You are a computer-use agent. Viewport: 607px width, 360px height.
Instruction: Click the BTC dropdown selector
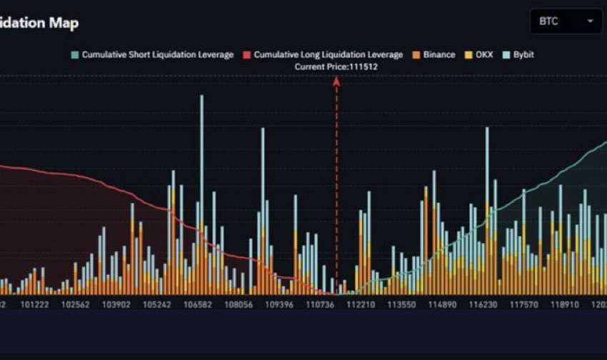click(566, 21)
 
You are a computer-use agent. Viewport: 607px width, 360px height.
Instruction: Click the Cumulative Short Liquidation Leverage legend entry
click(152, 55)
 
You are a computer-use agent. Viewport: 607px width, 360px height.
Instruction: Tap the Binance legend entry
click(433, 55)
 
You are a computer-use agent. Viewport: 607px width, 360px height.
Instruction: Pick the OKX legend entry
click(478, 55)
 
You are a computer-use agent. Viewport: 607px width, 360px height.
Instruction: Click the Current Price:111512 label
click(336, 66)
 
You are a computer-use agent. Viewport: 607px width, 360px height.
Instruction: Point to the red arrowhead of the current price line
click(336, 81)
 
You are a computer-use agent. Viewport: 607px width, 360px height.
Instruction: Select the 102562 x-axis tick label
click(75, 304)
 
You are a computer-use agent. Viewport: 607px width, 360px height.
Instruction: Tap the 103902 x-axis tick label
click(116, 304)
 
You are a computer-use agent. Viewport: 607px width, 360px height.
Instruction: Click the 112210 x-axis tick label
click(360, 304)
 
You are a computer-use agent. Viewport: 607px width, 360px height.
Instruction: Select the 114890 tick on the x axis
click(443, 304)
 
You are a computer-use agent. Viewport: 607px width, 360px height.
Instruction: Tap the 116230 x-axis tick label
click(483, 304)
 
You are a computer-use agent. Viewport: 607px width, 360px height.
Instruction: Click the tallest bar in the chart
click(201, 193)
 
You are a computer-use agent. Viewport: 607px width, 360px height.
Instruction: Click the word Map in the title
click(64, 23)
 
